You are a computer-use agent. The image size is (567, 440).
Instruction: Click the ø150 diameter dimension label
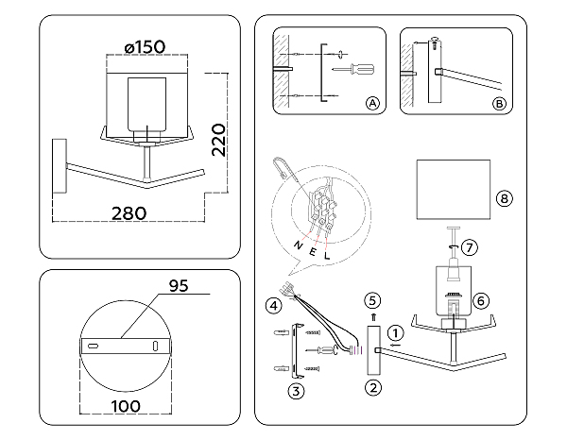tap(145, 47)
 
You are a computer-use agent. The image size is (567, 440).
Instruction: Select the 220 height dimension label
tap(218, 140)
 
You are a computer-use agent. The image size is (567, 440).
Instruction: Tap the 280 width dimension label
tap(129, 213)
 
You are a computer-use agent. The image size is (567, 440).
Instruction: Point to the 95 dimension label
tap(179, 286)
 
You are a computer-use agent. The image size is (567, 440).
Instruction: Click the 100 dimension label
tap(126, 406)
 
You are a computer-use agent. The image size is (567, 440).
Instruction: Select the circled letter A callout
tap(373, 104)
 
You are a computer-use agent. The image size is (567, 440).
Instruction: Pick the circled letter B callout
tap(499, 104)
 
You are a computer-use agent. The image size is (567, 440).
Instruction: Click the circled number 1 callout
tap(396, 332)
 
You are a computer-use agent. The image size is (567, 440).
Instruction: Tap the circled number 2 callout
tap(373, 388)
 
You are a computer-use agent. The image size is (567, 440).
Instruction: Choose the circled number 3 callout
tap(296, 391)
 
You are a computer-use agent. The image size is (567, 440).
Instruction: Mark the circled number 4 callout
tap(273, 306)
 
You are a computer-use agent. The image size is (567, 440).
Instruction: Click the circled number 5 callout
tap(373, 300)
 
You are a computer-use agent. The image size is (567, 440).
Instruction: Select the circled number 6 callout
tap(481, 300)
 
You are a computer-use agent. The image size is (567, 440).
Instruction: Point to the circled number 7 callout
tap(470, 247)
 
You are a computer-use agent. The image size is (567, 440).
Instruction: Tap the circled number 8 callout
tap(505, 198)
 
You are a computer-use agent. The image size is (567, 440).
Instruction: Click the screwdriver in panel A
tap(353, 69)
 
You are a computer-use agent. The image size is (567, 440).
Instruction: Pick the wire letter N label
tap(298, 245)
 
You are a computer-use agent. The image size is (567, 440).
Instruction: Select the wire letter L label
tap(327, 256)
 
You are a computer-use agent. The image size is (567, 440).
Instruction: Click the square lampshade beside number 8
tap(454, 190)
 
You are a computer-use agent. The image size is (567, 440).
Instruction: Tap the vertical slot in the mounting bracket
tap(156, 346)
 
